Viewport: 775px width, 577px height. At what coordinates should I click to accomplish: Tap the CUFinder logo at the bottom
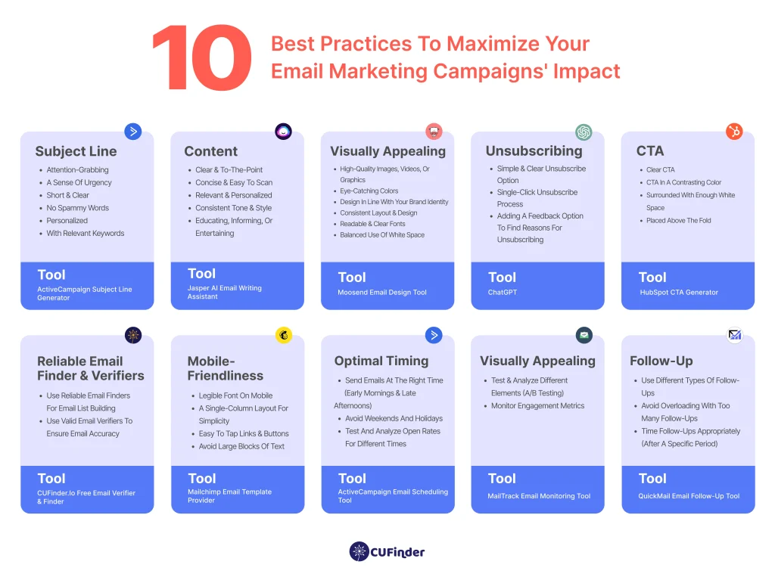coord(387,552)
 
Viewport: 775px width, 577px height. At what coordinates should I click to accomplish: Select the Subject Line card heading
coord(76,150)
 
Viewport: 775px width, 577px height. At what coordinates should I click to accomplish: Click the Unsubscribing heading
coord(534,150)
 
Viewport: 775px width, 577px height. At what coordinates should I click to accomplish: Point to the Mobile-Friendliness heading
coord(226,368)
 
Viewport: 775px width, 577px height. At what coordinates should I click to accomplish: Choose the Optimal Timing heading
coord(381,361)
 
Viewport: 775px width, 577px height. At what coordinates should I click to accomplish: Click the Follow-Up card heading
coord(661,361)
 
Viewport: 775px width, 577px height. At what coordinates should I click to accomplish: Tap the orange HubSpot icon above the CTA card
coord(733,132)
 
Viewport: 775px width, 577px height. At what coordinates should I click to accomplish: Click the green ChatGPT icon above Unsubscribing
coord(584,132)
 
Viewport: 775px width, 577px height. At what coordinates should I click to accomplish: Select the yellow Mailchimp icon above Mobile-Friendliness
coord(284,334)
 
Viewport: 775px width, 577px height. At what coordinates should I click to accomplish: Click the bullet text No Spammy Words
coord(77,208)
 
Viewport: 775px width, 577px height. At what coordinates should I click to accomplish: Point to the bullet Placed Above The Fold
coord(678,221)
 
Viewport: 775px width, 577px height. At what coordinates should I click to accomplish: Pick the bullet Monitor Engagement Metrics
coord(537,406)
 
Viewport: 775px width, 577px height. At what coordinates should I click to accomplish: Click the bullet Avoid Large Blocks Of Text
coord(241,446)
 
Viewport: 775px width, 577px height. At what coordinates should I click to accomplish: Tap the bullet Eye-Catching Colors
coord(369,191)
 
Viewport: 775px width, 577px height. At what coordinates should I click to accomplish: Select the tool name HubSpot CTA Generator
coord(678,293)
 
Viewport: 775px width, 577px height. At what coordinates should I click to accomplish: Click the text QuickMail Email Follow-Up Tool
coord(689,496)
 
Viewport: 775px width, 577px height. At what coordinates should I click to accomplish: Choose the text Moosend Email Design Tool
coord(382,293)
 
